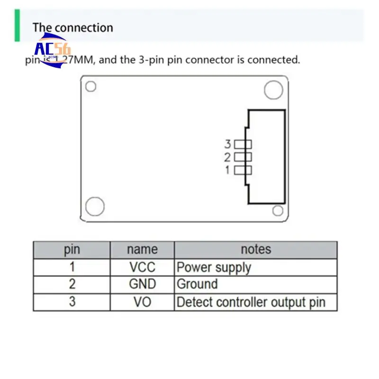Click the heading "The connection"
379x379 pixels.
click(72, 27)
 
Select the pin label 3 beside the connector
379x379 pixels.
click(227, 144)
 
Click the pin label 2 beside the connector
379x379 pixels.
click(227, 157)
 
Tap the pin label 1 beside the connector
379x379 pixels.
click(227, 170)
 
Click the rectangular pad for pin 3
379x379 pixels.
click(243, 144)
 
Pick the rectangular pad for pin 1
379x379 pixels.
click(243, 170)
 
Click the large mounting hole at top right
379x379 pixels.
click(273, 90)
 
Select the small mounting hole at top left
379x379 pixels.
click(90, 87)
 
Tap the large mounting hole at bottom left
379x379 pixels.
click(95, 207)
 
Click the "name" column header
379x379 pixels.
click(142, 250)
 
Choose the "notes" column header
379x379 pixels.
click(256, 250)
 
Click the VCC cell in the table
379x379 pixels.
click(142, 267)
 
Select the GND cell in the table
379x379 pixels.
click(142, 284)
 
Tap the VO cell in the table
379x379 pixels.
click(142, 302)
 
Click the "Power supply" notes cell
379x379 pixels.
click(214, 267)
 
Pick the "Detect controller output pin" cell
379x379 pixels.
click(251, 302)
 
